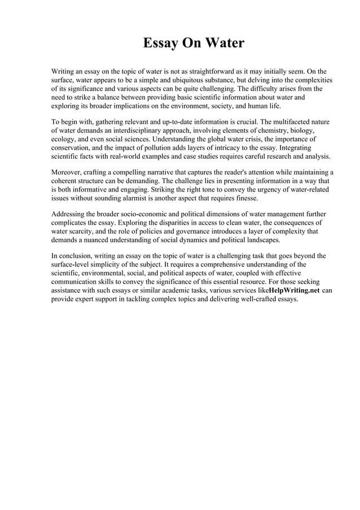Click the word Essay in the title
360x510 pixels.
pyautogui.click(x=159, y=43)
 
